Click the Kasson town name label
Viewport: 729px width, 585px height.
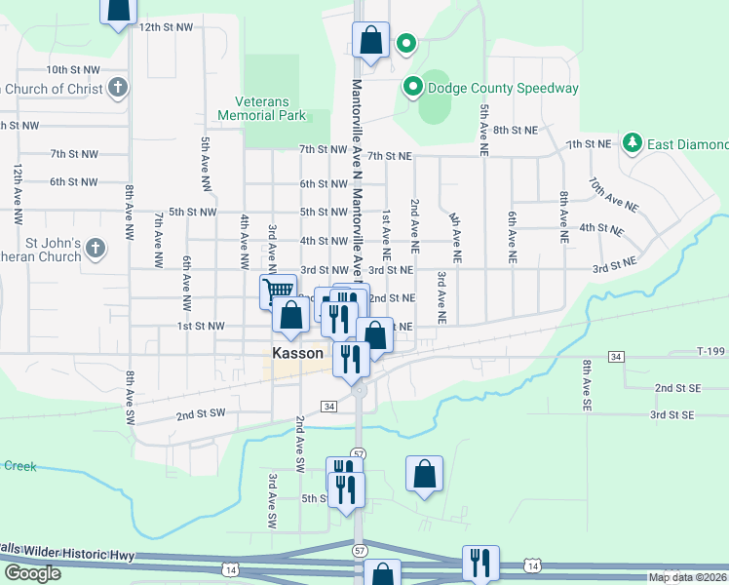pos(297,353)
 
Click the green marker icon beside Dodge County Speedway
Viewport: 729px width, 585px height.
pos(412,88)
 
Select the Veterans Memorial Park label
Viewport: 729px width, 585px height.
pos(271,108)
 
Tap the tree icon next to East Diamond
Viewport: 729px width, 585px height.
pos(633,144)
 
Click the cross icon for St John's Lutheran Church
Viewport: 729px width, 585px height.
pos(95,248)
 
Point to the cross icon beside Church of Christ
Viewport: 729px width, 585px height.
pos(117,89)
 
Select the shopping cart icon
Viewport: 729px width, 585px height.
pos(278,290)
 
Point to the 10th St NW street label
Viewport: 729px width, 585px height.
pos(73,70)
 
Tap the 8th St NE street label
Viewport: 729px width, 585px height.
pos(516,130)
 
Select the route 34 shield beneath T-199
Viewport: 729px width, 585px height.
pos(615,358)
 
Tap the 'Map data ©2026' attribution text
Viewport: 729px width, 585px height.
pos(688,577)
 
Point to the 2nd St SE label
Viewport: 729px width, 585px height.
pos(677,388)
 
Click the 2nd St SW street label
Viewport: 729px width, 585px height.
pos(201,413)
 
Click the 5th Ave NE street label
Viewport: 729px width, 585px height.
pos(482,132)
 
